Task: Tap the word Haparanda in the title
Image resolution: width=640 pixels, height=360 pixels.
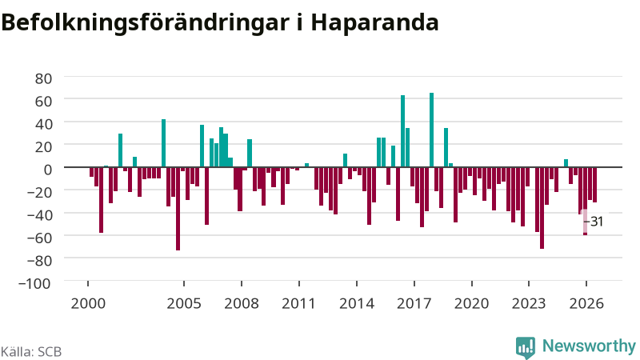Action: [374, 23]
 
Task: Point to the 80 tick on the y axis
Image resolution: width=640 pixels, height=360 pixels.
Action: [43, 78]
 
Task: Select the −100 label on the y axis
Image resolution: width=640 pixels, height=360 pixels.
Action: [35, 283]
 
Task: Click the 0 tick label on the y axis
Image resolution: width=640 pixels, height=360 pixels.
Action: [48, 169]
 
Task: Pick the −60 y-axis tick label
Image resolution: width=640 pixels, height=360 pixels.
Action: [39, 238]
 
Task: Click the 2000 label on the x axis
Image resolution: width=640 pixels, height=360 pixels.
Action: [88, 304]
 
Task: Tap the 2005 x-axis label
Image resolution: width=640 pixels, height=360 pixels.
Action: [184, 304]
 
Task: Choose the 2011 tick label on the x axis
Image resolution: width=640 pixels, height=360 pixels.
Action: [299, 304]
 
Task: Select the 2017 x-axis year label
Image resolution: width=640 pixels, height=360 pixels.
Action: [414, 304]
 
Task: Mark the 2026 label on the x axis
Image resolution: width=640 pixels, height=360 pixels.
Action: [586, 304]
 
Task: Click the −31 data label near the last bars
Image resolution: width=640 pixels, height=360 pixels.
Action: [594, 222]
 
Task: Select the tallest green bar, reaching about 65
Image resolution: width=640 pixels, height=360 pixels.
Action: [431, 130]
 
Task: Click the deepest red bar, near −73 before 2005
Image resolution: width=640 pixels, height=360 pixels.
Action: [178, 209]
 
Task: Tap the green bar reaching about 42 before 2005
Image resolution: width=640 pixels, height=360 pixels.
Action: [164, 143]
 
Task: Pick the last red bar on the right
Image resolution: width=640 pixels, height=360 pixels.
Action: [594, 185]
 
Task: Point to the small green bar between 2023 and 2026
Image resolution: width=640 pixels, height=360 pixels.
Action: [566, 163]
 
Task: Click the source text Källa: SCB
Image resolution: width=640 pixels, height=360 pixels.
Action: [31, 352]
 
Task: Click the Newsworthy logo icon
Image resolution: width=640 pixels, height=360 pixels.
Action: [526, 347]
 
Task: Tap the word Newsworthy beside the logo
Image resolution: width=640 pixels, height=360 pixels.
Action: [589, 346]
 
